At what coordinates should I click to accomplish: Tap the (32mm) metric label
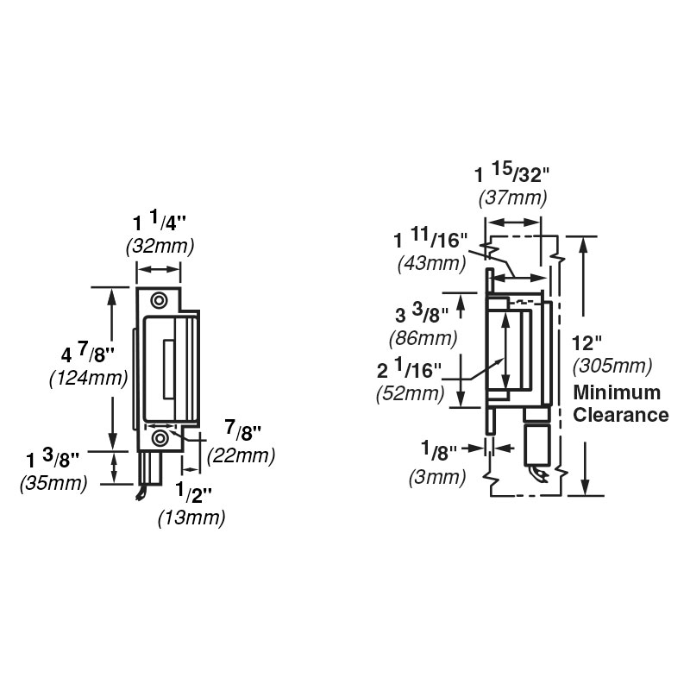point(160,246)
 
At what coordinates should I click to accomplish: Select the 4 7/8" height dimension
point(89,354)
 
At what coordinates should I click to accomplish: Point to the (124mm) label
point(89,378)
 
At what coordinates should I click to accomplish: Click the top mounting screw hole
point(160,300)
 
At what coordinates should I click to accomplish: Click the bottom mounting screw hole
point(160,438)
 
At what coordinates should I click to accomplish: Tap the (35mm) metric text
point(53,484)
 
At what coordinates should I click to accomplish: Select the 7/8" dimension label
point(241,430)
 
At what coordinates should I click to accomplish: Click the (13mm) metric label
point(191,517)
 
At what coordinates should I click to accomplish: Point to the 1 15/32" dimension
point(511,172)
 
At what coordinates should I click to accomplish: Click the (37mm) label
point(512,198)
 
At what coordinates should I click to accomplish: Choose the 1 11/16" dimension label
point(431,239)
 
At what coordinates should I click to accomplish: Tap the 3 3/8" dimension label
point(423,315)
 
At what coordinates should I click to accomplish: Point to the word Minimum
point(618,393)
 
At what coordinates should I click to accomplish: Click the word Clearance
point(621,415)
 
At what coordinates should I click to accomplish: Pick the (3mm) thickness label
point(437,476)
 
